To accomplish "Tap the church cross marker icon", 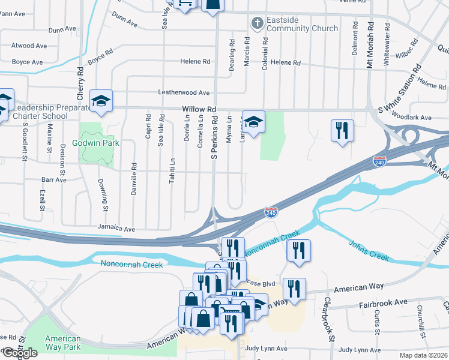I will click(x=256, y=23).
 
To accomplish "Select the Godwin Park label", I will click(x=95, y=143).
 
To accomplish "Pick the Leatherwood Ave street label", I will click(x=183, y=93).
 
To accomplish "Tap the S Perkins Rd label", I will click(x=213, y=137).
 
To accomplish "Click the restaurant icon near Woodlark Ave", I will click(x=342, y=130).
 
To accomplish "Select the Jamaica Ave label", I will click(x=116, y=229).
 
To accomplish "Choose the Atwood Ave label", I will click(x=29, y=46).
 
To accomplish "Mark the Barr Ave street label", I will click(x=54, y=179).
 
